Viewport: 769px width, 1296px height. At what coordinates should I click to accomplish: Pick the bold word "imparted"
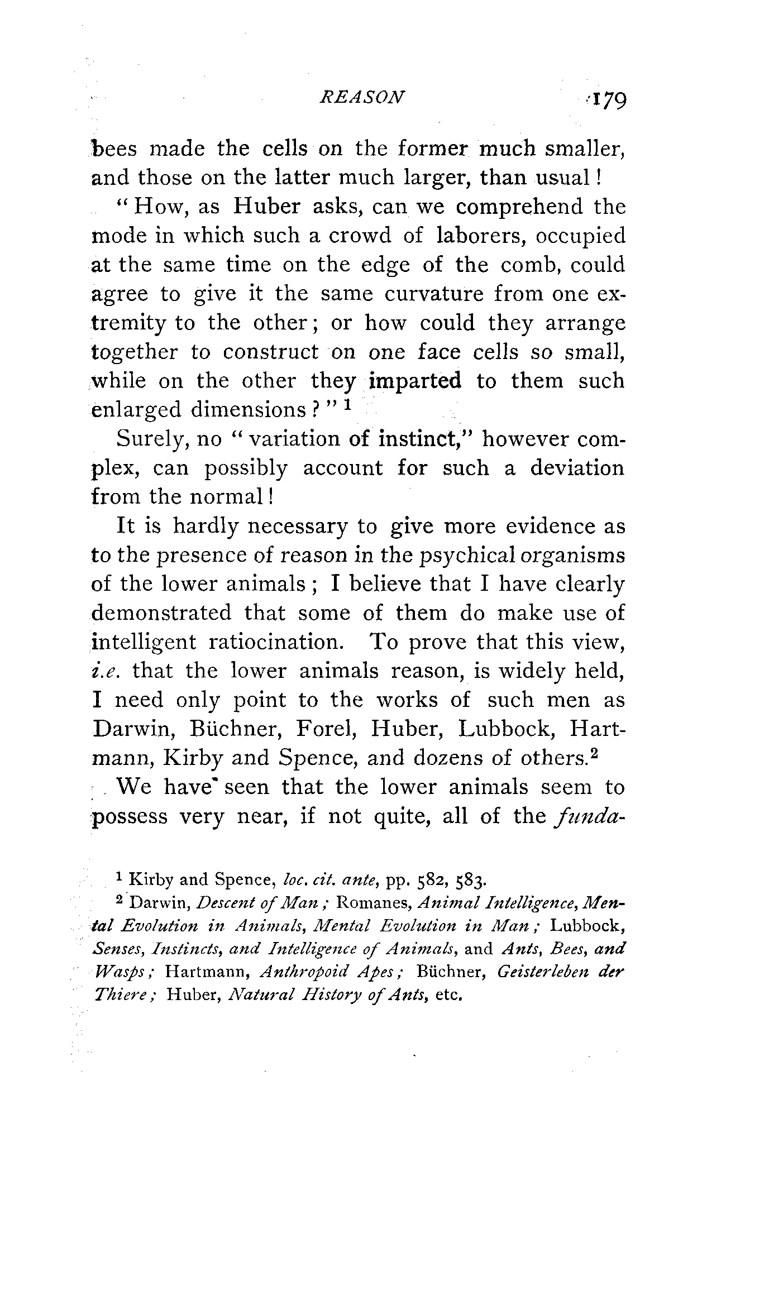tap(416, 381)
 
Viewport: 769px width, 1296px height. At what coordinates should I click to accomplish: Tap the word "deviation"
tap(577, 467)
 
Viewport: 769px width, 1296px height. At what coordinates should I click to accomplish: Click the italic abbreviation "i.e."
tap(104, 671)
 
